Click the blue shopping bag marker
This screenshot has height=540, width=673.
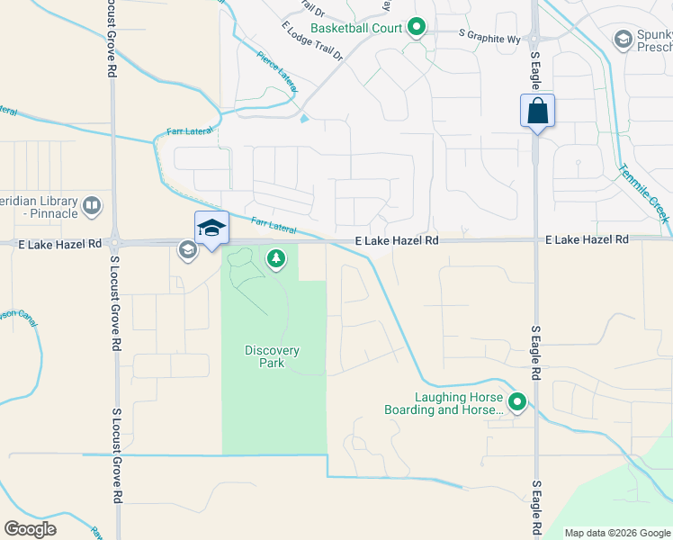point(537,112)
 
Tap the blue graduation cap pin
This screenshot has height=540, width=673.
point(211,229)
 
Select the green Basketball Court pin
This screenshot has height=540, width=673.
point(416,28)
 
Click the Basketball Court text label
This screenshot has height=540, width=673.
point(356,28)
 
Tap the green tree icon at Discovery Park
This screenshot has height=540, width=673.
point(276,260)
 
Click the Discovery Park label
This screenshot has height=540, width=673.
point(272,356)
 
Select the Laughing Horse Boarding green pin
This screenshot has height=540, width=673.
point(516,402)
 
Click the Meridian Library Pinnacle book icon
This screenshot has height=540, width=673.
point(91,207)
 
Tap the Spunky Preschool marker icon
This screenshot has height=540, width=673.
point(623,39)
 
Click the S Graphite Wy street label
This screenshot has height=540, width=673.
point(489,36)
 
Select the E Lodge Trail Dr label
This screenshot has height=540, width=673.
point(312,42)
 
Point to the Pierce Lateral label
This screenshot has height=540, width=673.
point(276,64)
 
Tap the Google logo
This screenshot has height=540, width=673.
point(30,529)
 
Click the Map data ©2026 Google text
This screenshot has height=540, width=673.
point(616,533)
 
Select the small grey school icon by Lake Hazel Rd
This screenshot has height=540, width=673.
point(187,250)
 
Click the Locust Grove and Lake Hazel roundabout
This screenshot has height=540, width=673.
point(114,242)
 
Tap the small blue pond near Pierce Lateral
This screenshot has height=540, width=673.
point(304,118)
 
